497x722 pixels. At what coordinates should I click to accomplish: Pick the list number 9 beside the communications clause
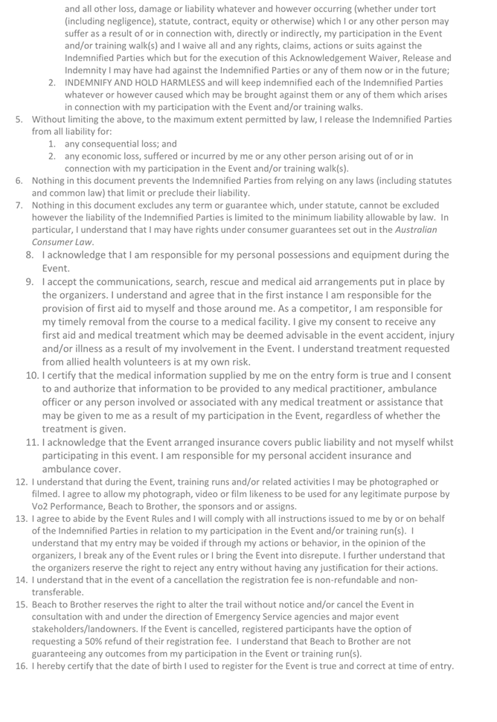(30, 282)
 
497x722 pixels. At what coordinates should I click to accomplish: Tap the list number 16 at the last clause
(21, 665)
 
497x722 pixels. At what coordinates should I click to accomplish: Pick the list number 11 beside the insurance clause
(32, 442)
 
